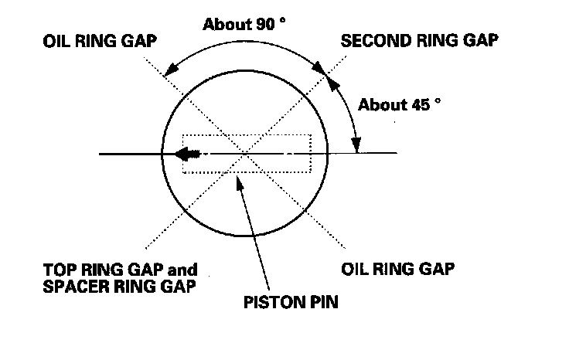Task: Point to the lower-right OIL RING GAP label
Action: click(397, 270)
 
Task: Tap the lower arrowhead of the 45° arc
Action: click(356, 146)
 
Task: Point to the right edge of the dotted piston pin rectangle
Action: click(311, 154)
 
